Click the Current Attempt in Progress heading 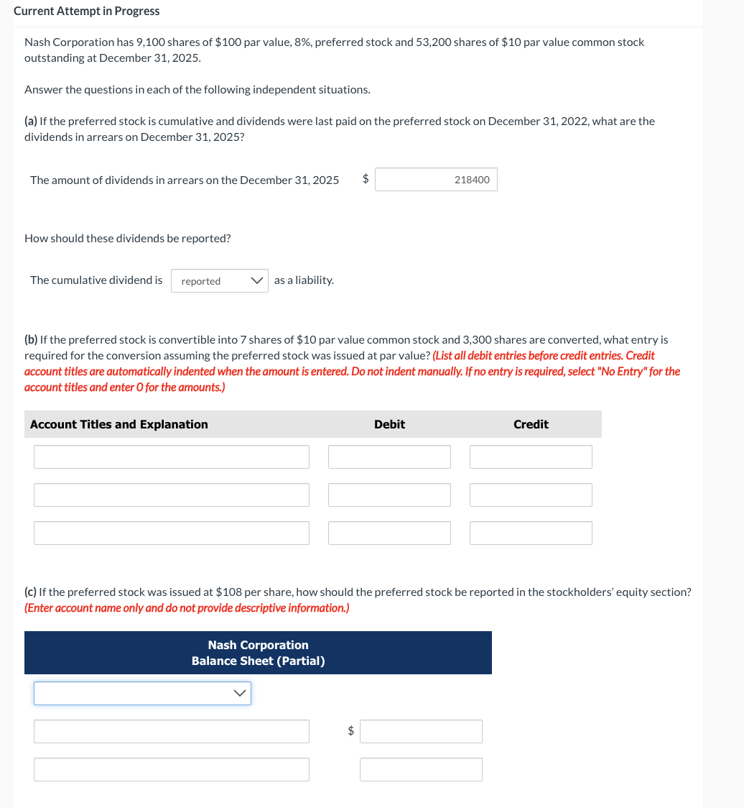[87, 11]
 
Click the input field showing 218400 [436, 180]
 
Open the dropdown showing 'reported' [219, 281]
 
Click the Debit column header [389, 424]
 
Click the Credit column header [531, 424]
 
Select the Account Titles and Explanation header [119, 424]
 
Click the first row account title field [171, 456]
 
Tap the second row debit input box [389, 495]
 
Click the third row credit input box [531, 533]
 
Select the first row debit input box [389, 456]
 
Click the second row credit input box [531, 495]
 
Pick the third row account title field [171, 533]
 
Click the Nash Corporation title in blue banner [258, 645]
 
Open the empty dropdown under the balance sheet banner [142, 693]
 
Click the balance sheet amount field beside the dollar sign [421, 731]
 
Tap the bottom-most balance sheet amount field [421, 769]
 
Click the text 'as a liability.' [304, 280]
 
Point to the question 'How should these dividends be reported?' [128, 238]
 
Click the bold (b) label [31, 339]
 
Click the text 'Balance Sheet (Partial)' [258, 661]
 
